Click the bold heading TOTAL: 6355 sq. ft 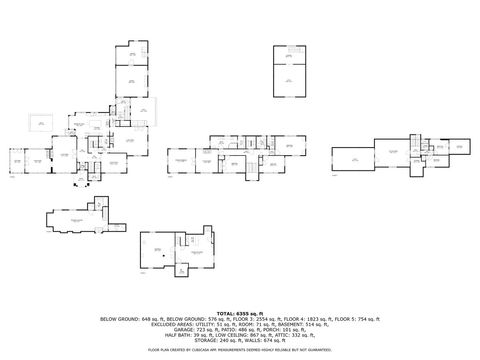click(x=240, y=313)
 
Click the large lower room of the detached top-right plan click(x=289, y=80)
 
